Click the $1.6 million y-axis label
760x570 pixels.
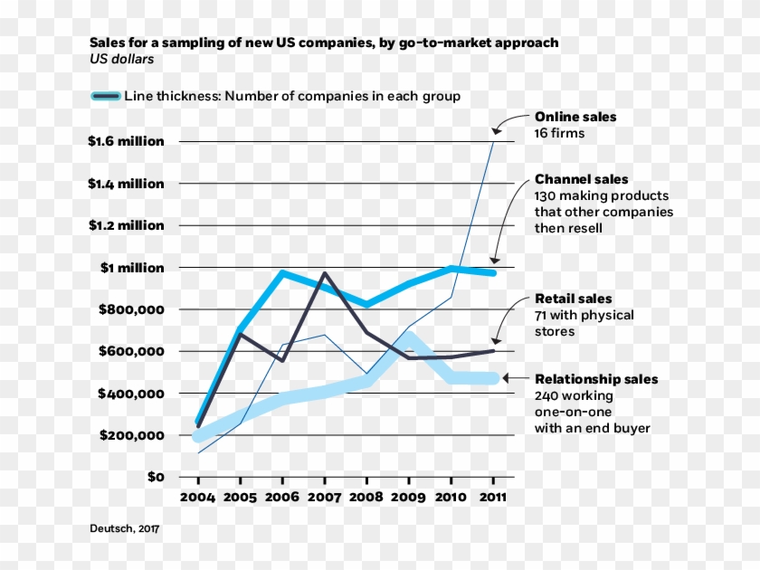126,141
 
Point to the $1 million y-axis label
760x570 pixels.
132,268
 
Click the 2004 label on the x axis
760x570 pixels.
198,497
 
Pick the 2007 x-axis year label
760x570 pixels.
324,497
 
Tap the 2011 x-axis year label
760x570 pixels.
493,497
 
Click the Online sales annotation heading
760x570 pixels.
575,117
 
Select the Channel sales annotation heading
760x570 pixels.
582,179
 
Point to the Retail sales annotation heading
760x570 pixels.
574,299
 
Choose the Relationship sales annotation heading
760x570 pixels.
597,379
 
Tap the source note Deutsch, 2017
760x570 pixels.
124,528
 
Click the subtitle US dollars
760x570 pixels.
121,60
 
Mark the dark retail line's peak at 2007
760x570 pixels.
324,273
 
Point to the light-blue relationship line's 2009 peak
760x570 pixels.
409,337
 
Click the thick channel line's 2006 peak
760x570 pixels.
282,272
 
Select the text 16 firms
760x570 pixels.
559,133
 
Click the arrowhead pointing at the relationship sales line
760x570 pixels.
506,378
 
